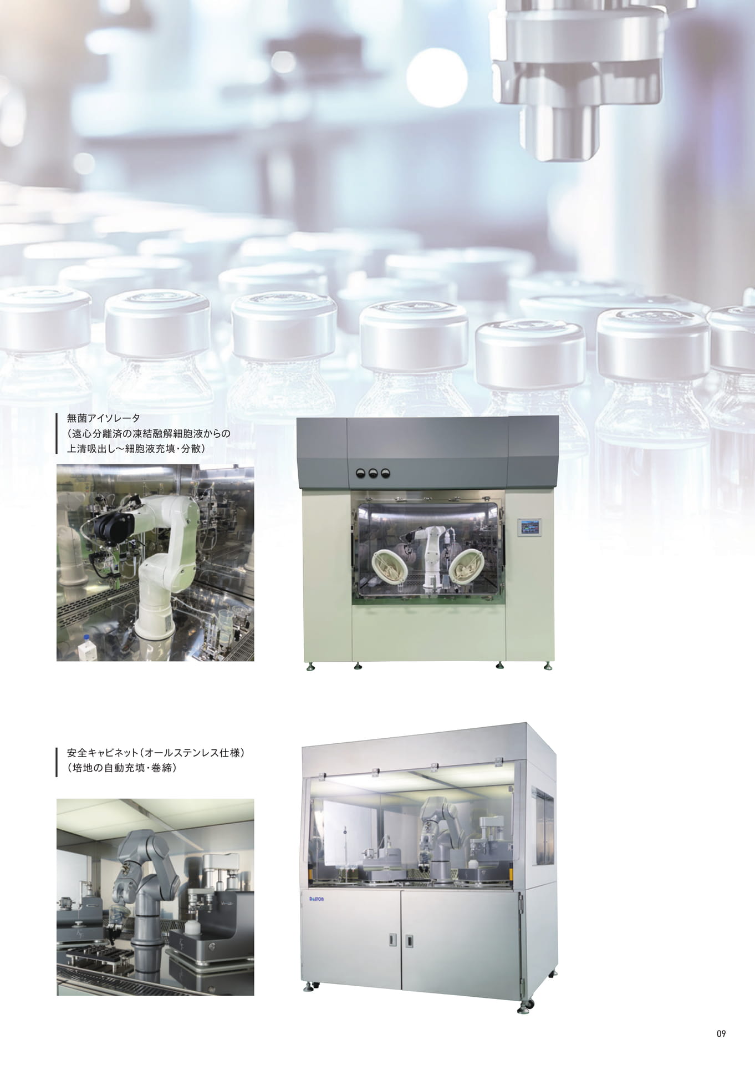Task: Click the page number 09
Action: pyautogui.click(x=721, y=1033)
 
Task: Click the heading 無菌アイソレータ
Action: pyautogui.click(x=104, y=419)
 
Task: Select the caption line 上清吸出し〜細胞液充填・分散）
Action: pyautogui.click(x=136, y=449)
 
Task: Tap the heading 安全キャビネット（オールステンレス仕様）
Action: pyautogui.click(x=156, y=753)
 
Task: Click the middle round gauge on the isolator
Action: pyautogui.click(x=373, y=472)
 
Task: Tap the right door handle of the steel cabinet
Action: pyautogui.click(x=409, y=940)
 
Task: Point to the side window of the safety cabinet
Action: pyautogui.click(x=543, y=826)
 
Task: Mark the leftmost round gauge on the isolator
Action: pyautogui.click(x=361, y=472)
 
